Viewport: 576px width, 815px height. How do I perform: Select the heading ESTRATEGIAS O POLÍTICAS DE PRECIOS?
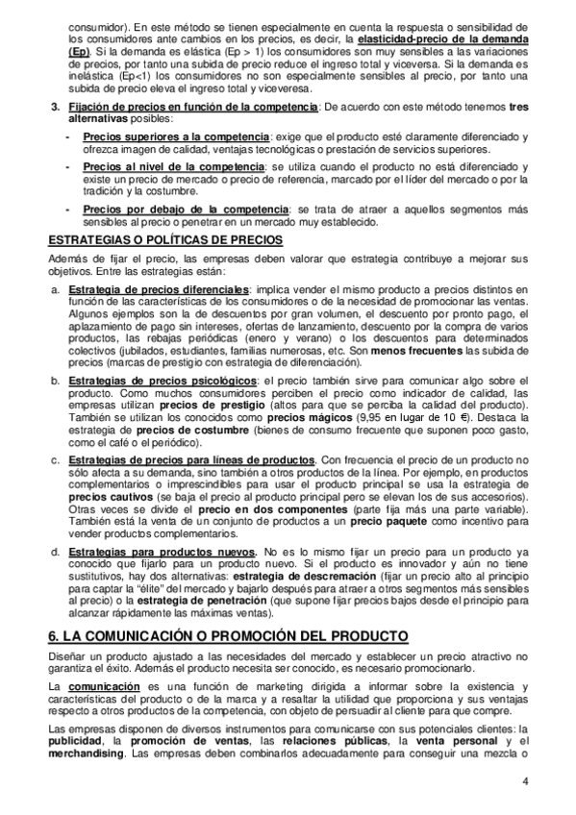point(152,239)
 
